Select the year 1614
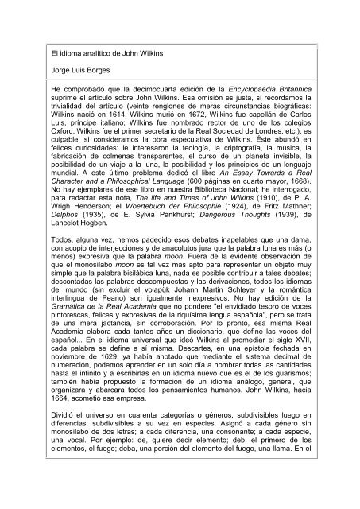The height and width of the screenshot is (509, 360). point(99,134)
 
